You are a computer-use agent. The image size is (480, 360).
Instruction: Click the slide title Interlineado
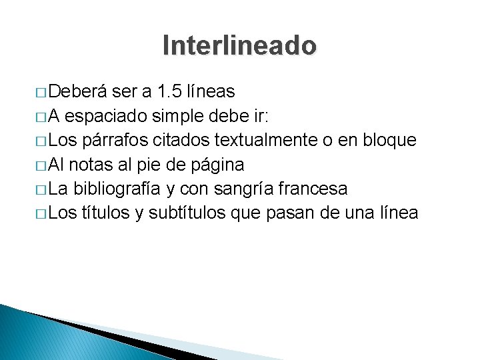pos(239,45)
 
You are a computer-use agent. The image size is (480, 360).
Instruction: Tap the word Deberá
pos(79,91)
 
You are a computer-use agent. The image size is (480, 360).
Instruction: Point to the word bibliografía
pos(118,189)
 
